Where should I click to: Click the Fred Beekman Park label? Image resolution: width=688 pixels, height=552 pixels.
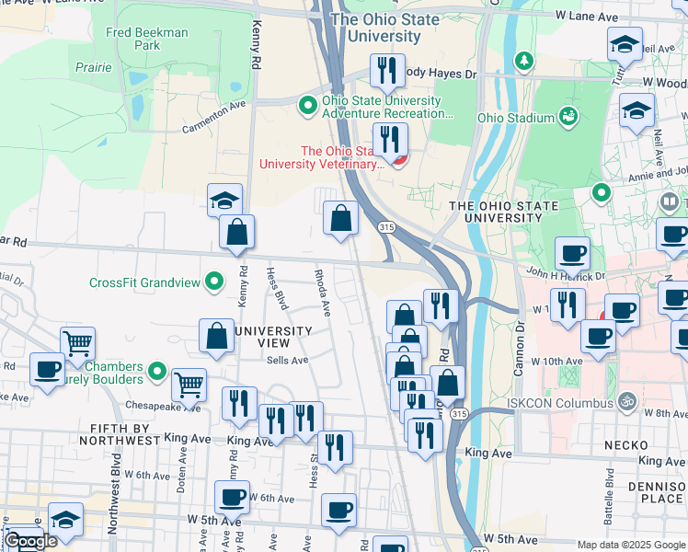click(147, 39)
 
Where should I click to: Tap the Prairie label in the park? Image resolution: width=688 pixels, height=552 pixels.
click(95, 67)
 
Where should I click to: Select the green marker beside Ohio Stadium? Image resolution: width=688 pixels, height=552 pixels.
click(568, 117)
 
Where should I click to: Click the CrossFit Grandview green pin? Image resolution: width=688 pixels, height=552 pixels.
click(214, 282)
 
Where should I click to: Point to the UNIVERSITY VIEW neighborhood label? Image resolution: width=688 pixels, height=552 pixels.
click(273, 337)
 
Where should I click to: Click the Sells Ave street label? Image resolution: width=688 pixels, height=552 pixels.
click(286, 360)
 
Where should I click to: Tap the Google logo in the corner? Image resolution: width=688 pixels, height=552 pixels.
click(30, 541)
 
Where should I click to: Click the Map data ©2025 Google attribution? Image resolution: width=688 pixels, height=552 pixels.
click(630, 545)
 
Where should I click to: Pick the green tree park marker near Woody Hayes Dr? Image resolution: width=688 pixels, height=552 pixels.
click(524, 61)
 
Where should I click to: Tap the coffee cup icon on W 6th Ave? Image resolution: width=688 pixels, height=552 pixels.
click(232, 498)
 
